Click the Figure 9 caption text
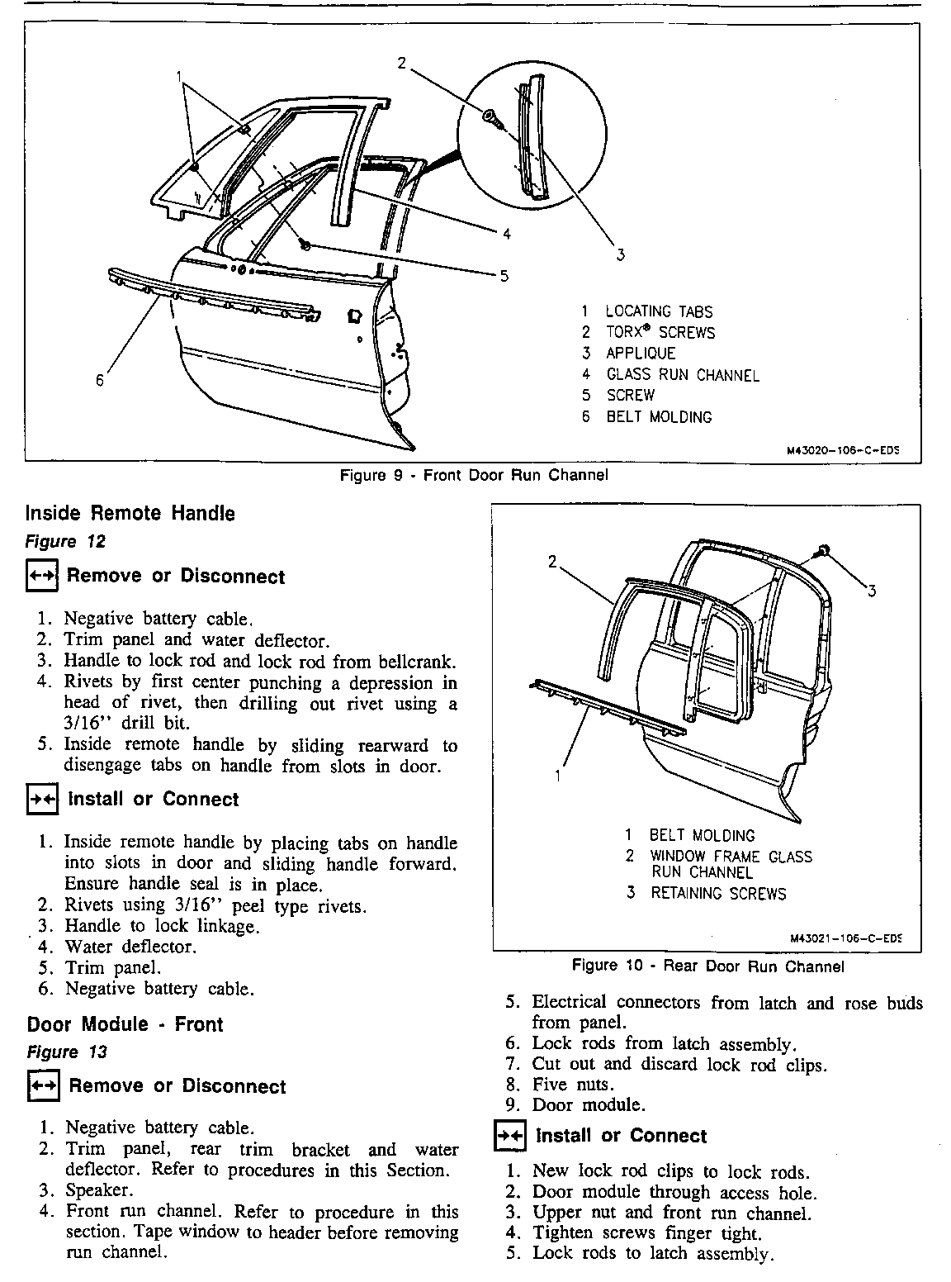[474, 475]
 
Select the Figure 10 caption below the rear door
[707, 966]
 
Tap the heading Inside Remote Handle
[130, 513]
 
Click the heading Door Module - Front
[125, 1024]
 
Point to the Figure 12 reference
[66, 542]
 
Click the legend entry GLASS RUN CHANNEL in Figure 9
[682, 375]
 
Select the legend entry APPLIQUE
[640, 354]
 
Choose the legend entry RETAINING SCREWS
[717, 893]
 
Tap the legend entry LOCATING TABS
[658, 311]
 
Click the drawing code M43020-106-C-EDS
[841, 451]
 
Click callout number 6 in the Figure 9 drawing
[100, 380]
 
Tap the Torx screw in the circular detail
[490, 117]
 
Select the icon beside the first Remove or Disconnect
[41, 577]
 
